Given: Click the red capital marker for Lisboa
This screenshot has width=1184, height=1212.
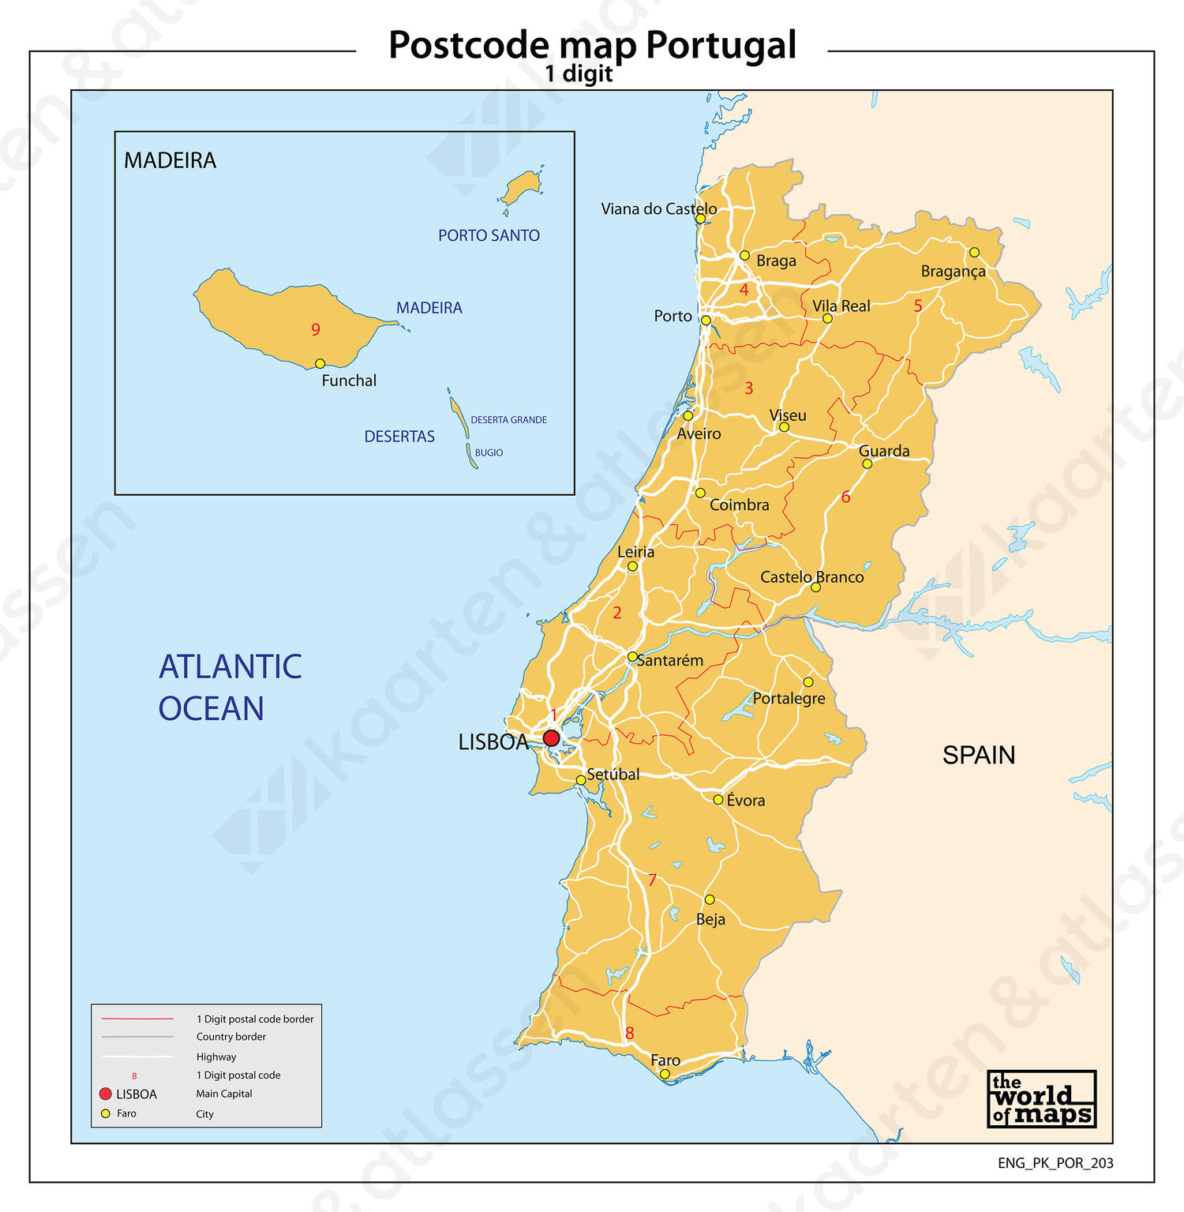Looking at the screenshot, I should tap(551, 738).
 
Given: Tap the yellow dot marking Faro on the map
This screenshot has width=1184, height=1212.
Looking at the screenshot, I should tap(665, 1074).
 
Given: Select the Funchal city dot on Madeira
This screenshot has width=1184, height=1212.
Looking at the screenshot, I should tap(320, 364).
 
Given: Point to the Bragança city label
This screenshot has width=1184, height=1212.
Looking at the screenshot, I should tap(953, 272).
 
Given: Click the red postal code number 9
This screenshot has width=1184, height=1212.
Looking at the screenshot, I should tap(316, 330).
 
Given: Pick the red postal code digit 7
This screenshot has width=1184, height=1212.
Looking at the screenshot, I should tap(652, 880).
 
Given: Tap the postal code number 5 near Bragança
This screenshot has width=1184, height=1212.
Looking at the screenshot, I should tap(918, 306).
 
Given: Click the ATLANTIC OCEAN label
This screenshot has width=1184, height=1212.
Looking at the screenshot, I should tap(230, 688).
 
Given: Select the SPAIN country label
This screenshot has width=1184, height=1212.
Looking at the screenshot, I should tap(979, 756).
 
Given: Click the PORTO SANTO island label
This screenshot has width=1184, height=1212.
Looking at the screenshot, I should tap(489, 235).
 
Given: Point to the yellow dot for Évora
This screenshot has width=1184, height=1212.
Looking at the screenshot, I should tap(718, 800).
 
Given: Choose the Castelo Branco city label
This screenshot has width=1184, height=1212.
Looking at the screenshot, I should tap(811, 577).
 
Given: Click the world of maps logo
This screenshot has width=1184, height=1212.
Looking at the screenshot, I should tap(1041, 1098).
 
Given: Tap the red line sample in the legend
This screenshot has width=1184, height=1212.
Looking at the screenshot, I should tap(137, 1019).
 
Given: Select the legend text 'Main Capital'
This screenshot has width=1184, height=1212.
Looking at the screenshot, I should tap(224, 1094).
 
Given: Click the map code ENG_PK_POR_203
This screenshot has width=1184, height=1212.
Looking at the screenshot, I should tap(1055, 1163).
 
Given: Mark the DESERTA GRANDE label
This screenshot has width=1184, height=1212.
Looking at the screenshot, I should tap(508, 420).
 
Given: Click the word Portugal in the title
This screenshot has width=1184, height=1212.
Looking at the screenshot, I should tap(721, 46).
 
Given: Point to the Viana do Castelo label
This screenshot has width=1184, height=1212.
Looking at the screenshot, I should tap(658, 209).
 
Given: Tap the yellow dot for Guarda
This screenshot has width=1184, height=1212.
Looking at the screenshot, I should tap(867, 463).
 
